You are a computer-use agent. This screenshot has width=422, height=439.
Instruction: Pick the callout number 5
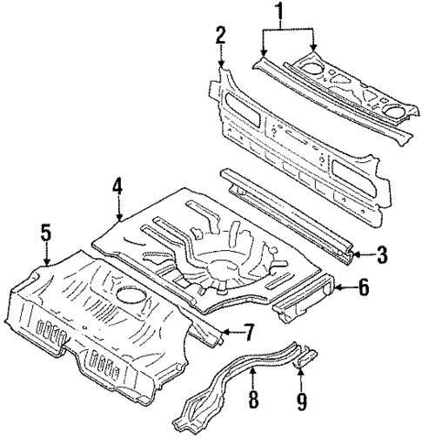coord(46,233)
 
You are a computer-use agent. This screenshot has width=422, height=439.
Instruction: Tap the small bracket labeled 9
coord(307,355)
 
